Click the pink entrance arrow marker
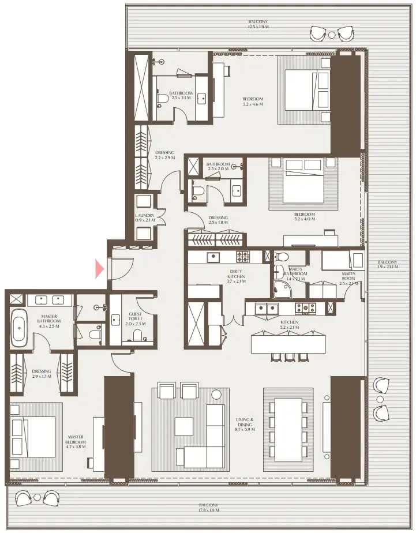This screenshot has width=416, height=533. tap(100, 268)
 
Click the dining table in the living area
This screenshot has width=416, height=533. tap(288, 429)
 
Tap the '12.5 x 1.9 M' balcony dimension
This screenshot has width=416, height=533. tap(258, 24)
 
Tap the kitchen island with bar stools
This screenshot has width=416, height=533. tap(288, 344)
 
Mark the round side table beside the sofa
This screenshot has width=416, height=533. tap(216, 395)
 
